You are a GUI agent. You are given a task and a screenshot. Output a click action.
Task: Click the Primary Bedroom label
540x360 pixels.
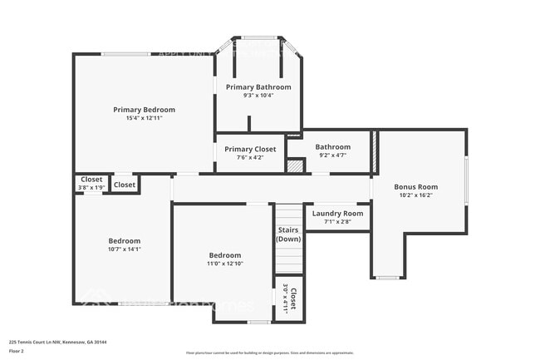pos(145,110)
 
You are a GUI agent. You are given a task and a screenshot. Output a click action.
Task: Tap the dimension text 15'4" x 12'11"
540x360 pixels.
pos(145,119)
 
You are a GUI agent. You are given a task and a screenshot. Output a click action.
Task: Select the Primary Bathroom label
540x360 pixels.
pos(258,86)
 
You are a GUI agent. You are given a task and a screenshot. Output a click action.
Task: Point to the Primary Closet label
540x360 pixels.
pos(250,149)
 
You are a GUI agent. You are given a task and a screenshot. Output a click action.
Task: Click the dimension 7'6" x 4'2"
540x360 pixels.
pos(250,157)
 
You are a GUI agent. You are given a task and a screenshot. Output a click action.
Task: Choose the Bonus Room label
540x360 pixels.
pos(415,187)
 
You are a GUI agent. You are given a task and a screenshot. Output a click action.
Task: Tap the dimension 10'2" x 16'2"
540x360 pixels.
pos(415,195)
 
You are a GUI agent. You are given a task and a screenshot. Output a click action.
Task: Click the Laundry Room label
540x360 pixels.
pos(337,214)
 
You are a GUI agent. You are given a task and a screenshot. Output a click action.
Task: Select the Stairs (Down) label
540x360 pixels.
pos(288,234)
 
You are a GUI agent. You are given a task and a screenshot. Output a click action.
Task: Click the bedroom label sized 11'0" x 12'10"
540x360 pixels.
pos(224,255)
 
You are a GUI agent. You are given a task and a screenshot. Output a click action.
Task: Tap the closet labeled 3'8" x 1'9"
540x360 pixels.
pos(91,183)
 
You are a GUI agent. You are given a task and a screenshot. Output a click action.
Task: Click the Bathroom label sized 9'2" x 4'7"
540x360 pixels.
pos(332,147)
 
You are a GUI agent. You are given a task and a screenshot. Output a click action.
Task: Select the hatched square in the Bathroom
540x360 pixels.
pos(295,165)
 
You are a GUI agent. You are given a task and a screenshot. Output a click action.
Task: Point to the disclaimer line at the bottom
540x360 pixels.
pos(269,353)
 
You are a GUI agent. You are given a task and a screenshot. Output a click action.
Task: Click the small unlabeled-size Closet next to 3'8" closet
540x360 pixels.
pos(125,185)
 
